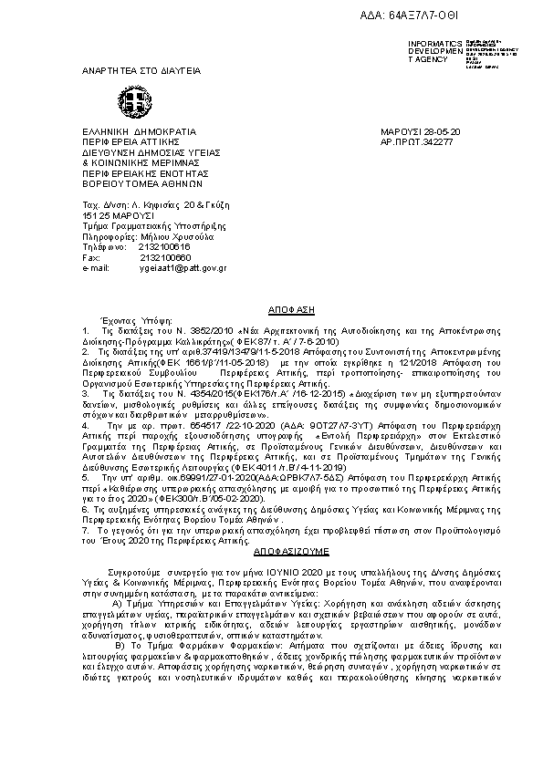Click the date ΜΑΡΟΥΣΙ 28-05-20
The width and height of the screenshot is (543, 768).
[420, 133]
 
